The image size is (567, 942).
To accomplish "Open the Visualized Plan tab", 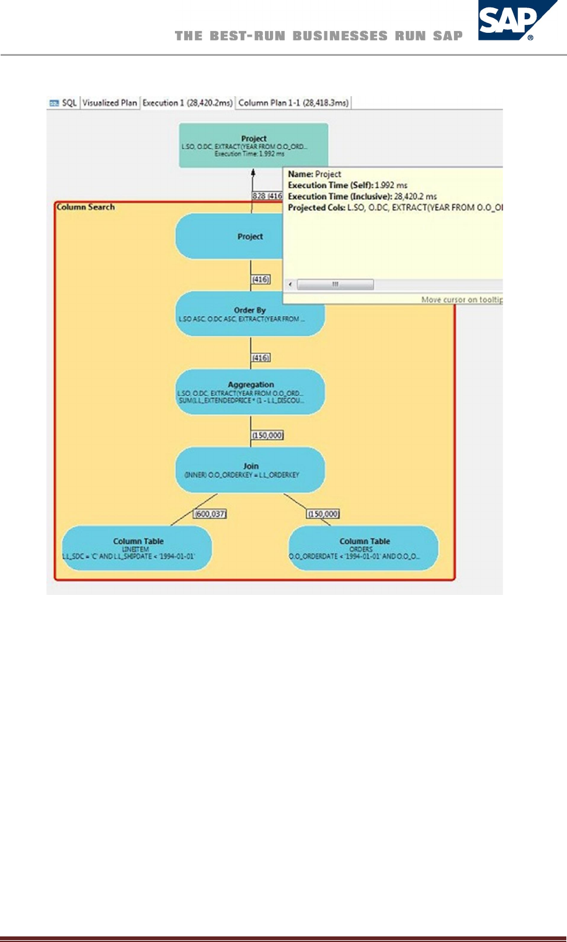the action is (x=110, y=103).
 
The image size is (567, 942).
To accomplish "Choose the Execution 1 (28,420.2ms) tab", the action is (x=187, y=103).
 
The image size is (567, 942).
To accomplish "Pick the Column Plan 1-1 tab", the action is (x=293, y=103).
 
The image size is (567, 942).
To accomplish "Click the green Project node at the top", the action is (x=253, y=145).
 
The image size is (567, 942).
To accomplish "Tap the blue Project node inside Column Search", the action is (x=230, y=237).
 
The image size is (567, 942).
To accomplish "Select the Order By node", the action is (x=250, y=314).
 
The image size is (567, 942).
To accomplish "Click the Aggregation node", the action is (x=250, y=392).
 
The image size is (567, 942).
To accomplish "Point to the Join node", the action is (x=250, y=470).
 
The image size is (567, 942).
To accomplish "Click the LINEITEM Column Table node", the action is (x=137, y=548).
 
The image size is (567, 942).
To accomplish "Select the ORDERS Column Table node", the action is (x=364, y=548).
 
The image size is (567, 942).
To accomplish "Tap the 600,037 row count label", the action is (x=210, y=514).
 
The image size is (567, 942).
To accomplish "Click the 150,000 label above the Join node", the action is (x=267, y=435).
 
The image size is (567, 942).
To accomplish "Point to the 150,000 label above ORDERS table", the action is (x=323, y=514).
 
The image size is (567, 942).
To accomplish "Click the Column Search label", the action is (x=86, y=207).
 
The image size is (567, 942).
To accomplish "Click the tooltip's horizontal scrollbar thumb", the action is (x=335, y=284).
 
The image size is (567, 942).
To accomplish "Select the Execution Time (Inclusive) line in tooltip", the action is (x=362, y=196).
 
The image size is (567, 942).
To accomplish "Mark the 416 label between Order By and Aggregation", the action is (x=261, y=358).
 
